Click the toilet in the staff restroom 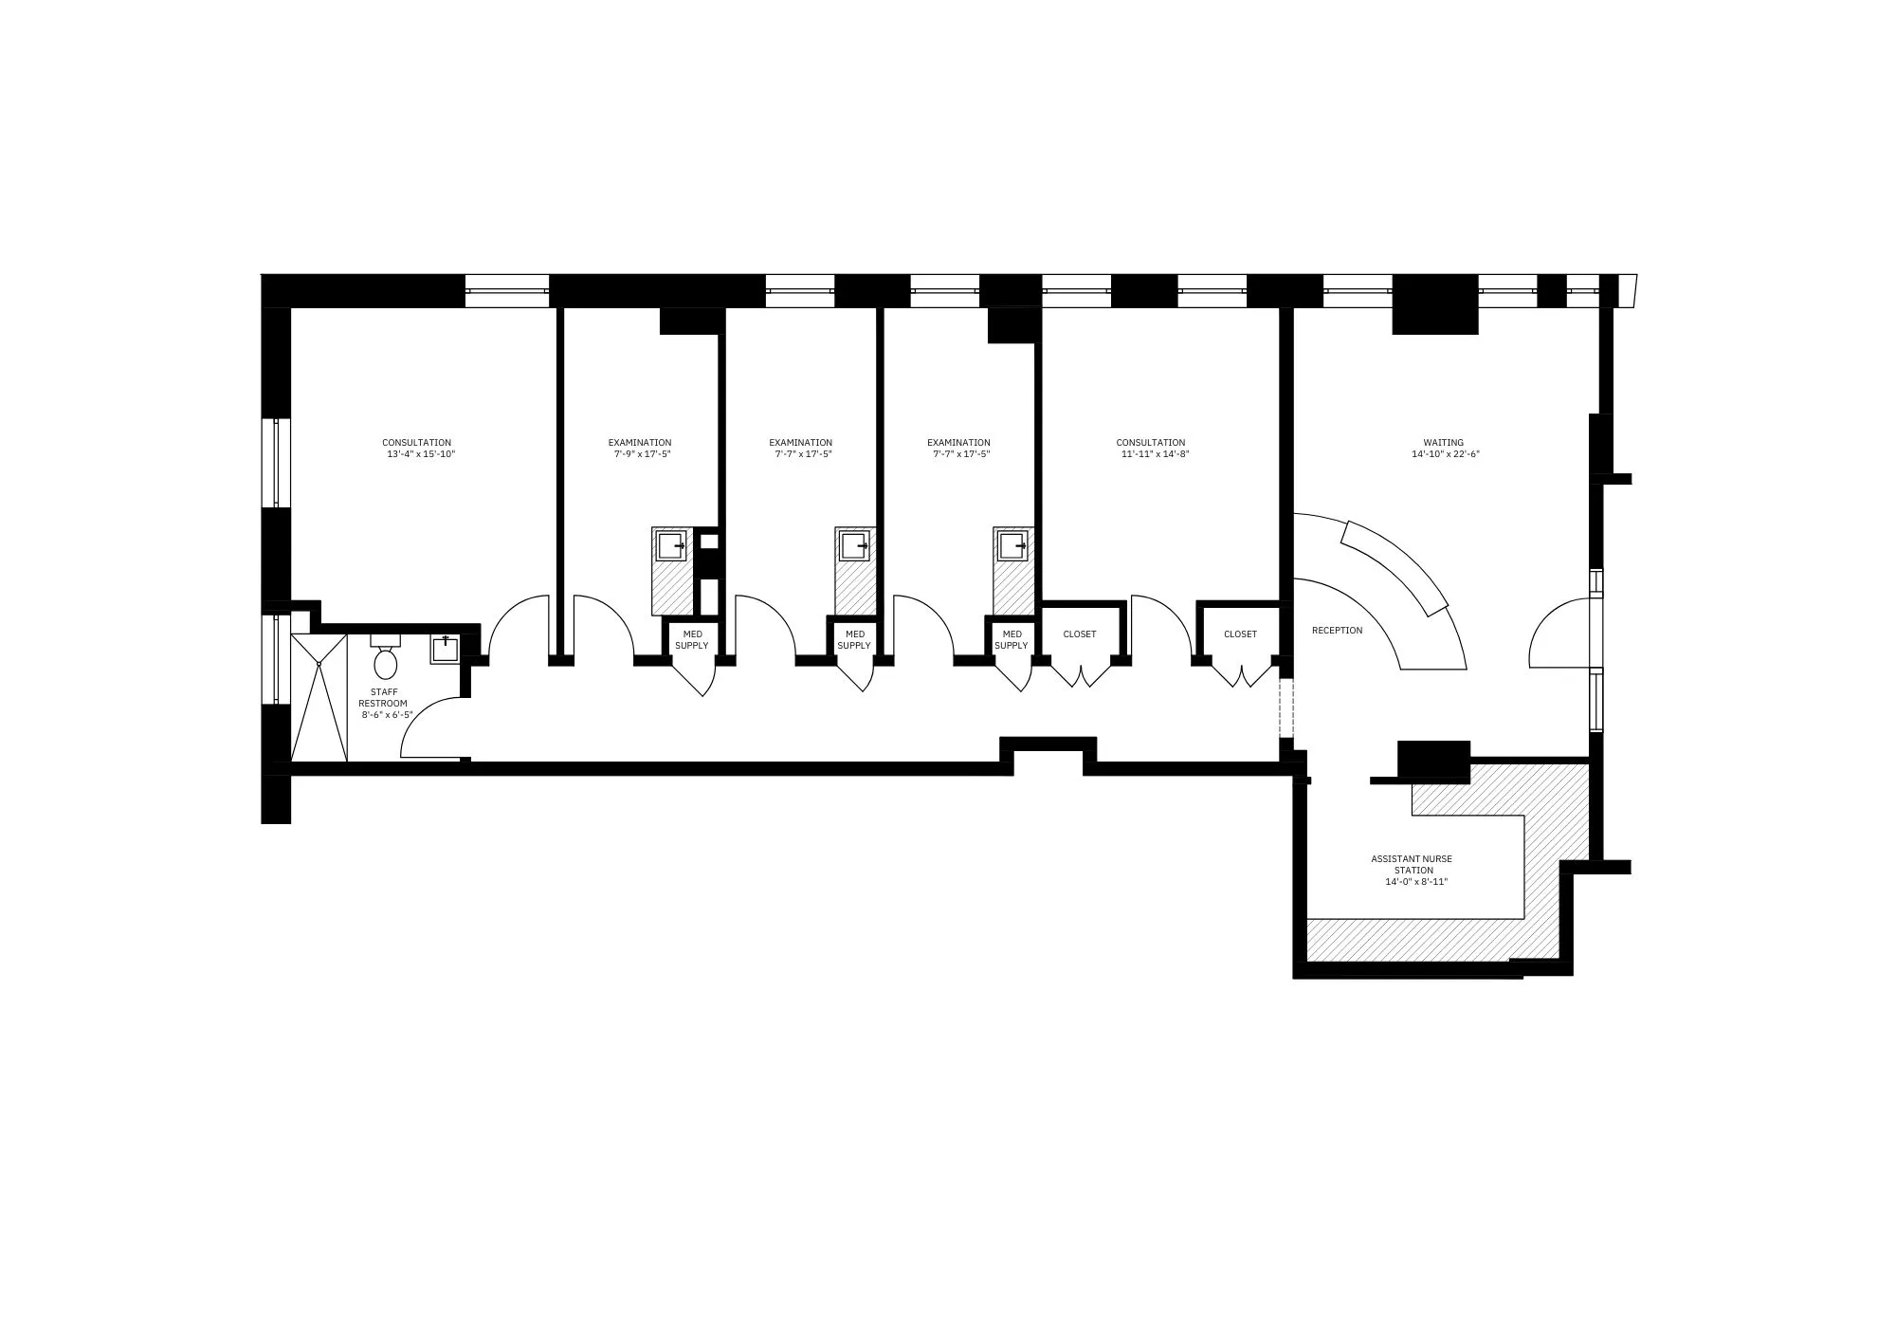pyautogui.click(x=385, y=661)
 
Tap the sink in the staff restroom pyautogui.click(x=446, y=650)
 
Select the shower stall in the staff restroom pyautogui.click(x=319, y=697)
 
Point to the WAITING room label pyautogui.click(x=1443, y=443)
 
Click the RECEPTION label pyautogui.click(x=1337, y=631)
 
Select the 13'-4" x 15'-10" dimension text pyautogui.click(x=421, y=454)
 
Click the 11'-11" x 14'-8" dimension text pyautogui.click(x=1155, y=454)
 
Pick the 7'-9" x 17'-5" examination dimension pyautogui.click(x=642, y=454)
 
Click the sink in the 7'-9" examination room pyautogui.click(x=671, y=545)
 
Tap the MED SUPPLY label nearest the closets pyautogui.click(x=1012, y=639)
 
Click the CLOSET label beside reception pyautogui.click(x=1240, y=634)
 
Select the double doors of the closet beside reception pyautogui.click(x=1240, y=674)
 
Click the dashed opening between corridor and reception pyautogui.click(x=1286, y=707)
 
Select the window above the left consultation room pyautogui.click(x=507, y=290)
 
